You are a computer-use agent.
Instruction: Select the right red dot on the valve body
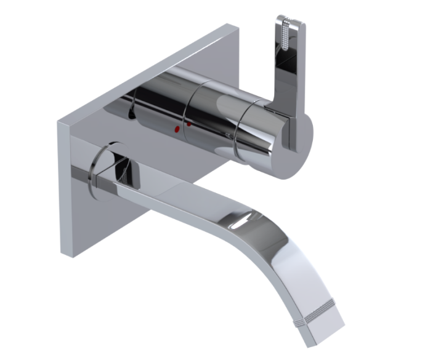pos(188,125)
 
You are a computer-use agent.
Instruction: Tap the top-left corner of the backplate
pos(59,121)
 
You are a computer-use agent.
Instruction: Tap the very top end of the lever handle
pos(290,18)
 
